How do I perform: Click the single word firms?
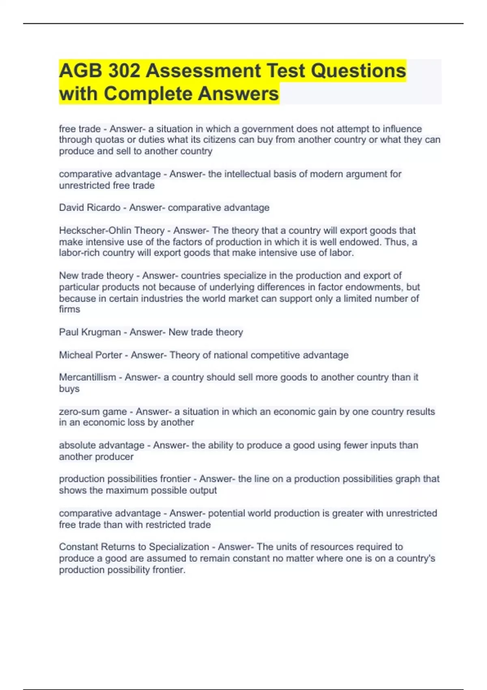(69, 309)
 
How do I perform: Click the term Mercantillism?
(87, 377)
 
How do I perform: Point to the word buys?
(69, 389)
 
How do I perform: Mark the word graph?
(406, 479)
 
